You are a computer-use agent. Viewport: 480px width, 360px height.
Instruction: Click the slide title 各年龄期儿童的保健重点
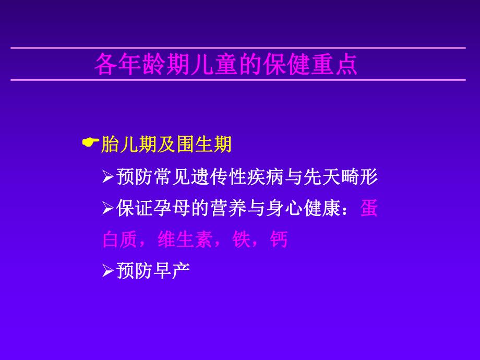[x=225, y=65]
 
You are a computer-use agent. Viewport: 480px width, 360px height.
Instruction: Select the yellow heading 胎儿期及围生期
[x=166, y=145]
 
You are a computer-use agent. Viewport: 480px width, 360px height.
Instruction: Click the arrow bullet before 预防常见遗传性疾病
[x=107, y=178]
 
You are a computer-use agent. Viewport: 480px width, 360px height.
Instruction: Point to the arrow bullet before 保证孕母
[x=107, y=209]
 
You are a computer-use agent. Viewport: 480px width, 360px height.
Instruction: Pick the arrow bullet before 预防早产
[x=107, y=271]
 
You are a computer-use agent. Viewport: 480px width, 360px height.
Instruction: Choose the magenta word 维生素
[x=182, y=240]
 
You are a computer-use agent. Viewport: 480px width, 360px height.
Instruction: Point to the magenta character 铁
[x=241, y=240]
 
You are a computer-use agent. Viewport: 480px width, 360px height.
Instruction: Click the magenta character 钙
[x=279, y=240]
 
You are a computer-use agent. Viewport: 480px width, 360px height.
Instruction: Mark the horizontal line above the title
[x=238, y=48]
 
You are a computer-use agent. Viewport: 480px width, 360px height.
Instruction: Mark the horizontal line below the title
[x=238, y=80]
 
